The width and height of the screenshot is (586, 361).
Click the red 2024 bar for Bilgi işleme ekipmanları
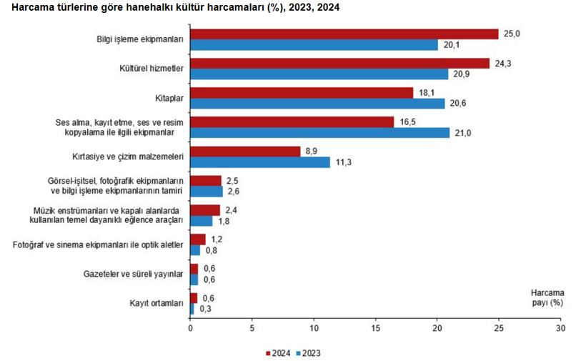point(344,34)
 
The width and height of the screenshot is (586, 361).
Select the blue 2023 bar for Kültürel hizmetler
point(319,74)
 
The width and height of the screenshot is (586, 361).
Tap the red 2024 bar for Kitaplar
point(302,92)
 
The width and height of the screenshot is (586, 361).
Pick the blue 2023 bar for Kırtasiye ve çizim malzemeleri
point(260,162)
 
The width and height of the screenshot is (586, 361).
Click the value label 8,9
point(311,151)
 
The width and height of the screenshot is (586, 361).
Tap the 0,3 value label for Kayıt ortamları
point(204,309)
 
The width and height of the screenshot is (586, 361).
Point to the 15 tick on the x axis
point(375,329)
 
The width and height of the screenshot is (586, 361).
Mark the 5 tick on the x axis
point(252,329)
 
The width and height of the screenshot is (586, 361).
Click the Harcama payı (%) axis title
point(547,297)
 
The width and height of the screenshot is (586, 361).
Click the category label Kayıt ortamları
point(157,303)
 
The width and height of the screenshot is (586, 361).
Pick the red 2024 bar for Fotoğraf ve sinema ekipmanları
point(197,239)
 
